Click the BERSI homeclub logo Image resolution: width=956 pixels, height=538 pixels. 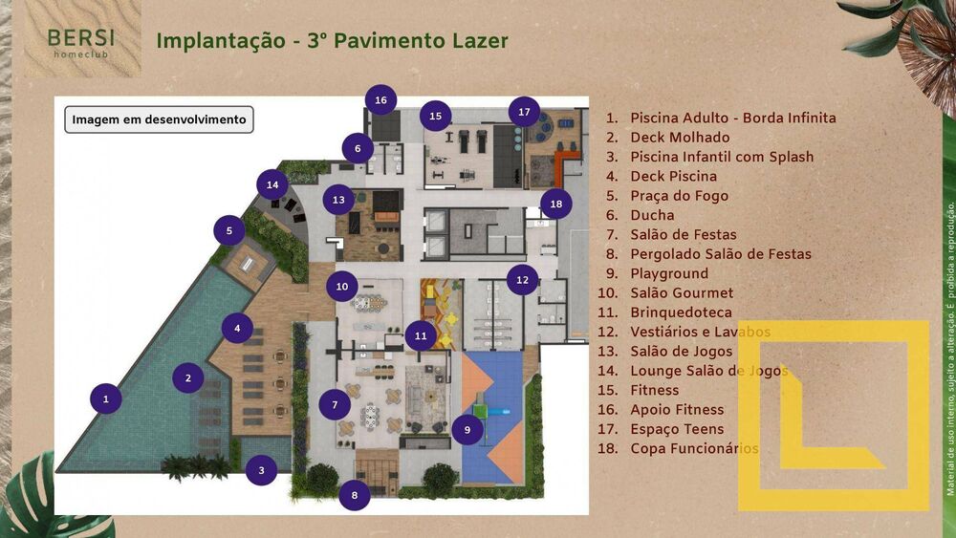tap(81, 43)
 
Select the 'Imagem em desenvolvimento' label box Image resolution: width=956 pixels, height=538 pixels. tap(159, 119)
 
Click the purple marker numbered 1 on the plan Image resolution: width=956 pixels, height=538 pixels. tap(106, 398)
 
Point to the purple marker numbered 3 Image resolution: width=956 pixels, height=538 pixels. tap(261, 469)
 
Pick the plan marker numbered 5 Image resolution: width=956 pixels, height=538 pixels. tap(229, 230)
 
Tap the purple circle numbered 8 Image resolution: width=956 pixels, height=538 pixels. tap(355, 495)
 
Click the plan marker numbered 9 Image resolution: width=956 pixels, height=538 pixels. tap(467, 430)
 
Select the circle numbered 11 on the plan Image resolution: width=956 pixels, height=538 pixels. tap(420, 335)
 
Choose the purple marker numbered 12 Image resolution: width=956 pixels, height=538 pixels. tap(522, 280)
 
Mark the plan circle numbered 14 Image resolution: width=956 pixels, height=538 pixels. tap(272, 184)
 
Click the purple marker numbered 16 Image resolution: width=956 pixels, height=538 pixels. tap(380, 100)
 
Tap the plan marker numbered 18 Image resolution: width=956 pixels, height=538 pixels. tap(555, 204)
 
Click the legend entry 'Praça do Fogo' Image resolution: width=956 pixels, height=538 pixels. tap(673, 196)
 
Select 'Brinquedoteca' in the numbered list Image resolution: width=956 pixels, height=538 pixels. tap(681, 312)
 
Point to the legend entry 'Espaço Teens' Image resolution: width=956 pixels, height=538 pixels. tap(677, 429)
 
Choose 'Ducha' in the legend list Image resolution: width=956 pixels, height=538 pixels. tap(652, 215)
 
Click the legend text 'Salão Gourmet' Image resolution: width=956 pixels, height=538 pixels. tap(682, 292)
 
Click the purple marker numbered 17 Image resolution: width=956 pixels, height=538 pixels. tap(524, 112)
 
